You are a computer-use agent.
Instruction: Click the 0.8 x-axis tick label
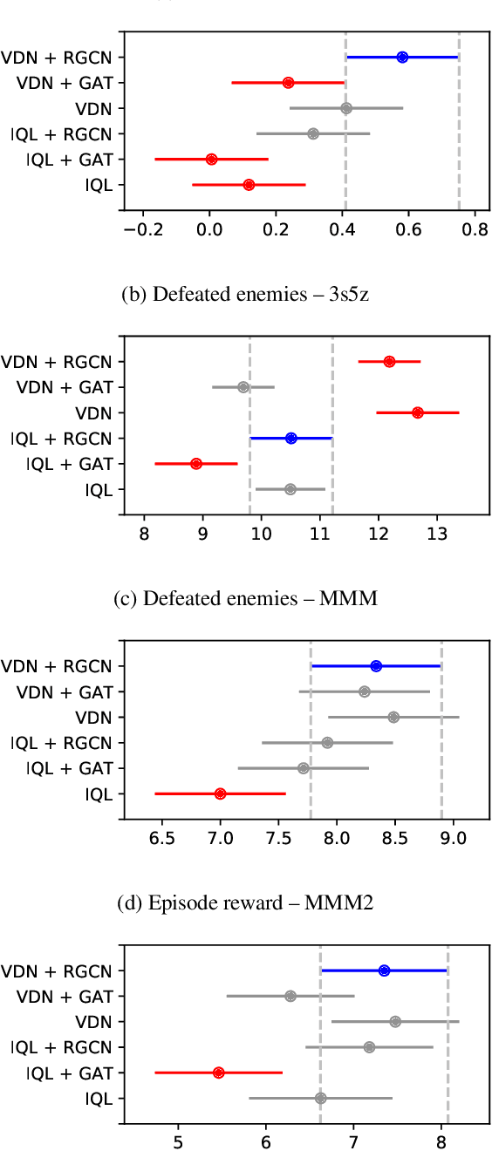[x=475, y=229]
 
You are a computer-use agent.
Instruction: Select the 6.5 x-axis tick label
[x=162, y=838]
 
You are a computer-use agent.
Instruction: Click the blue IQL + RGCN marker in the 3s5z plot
[x=291, y=438]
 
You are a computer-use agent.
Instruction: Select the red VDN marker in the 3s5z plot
[x=418, y=412]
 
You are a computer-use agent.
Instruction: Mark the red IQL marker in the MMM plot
[x=220, y=793]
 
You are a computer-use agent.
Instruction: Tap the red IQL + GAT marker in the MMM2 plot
[x=218, y=1073]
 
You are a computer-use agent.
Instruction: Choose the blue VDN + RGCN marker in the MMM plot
[x=376, y=666]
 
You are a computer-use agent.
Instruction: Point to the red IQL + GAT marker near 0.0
[x=211, y=160]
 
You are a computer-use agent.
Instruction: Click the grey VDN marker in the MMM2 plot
[x=396, y=1021]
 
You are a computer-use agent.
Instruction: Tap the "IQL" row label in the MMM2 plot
[x=99, y=1099]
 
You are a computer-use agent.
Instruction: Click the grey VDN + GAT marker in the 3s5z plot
[x=243, y=387]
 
